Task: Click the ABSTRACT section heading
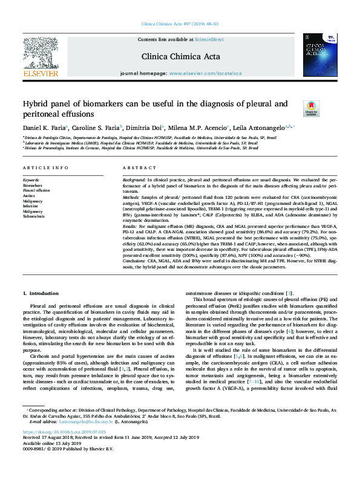[x=136, y=167]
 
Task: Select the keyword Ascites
[x=29, y=196]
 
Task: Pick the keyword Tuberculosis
[x=34, y=216]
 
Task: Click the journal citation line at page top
[x=180, y=24]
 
